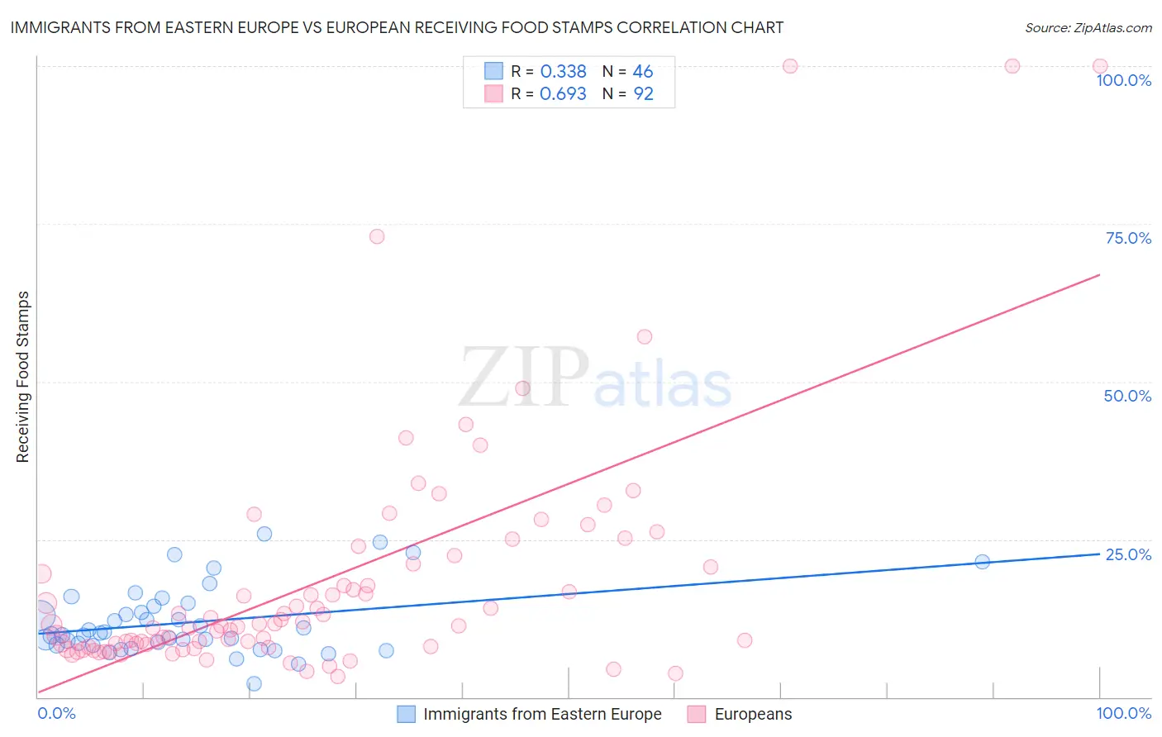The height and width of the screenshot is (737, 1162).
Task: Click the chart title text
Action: tap(397, 27)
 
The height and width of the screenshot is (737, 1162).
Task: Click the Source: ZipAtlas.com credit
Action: tap(1088, 27)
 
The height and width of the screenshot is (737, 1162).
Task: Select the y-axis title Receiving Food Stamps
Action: tap(22, 377)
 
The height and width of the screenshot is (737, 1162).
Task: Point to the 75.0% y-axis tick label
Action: tap(1128, 238)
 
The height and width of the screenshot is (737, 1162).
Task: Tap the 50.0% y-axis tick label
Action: tap(1127, 396)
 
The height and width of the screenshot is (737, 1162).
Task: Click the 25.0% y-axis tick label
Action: tap(1128, 554)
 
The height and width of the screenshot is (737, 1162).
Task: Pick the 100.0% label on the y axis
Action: tap(1123, 80)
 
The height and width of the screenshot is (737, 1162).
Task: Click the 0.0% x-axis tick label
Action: tap(56, 713)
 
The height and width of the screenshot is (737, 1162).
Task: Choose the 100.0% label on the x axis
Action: tap(1123, 713)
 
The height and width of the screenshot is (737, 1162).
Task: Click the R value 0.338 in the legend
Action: tap(563, 72)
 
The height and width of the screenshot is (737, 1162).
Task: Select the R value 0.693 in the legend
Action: tap(563, 94)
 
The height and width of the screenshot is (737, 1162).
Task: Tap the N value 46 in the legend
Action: tap(642, 72)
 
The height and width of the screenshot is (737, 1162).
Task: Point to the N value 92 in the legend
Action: tap(643, 94)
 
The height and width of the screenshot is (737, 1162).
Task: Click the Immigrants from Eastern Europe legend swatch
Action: tap(406, 714)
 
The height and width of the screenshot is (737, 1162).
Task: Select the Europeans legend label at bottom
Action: tap(753, 714)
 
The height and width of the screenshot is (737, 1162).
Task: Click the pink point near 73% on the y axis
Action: tap(377, 236)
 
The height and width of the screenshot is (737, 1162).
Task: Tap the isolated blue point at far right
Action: tap(982, 562)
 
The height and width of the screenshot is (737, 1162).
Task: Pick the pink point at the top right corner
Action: tap(1100, 66)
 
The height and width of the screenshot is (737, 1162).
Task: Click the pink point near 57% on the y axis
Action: tap(645, 336)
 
